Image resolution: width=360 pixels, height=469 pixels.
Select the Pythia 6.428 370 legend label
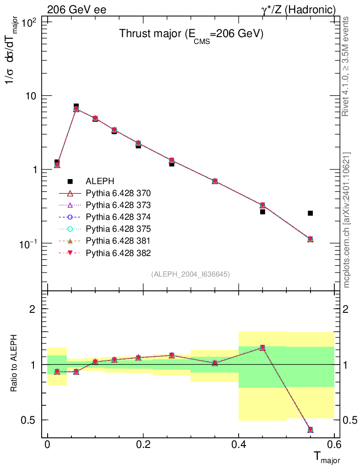(x=118, y=193)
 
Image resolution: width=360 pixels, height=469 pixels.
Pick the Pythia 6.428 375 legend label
(x=118, y=229)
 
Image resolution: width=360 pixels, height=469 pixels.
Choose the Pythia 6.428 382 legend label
(x=118, y=252)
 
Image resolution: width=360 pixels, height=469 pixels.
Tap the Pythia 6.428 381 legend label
(x=118, y=240)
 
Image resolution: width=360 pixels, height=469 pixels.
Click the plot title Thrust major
(x=191, y=34)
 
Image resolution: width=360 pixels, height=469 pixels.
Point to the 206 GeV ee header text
(x=77, y=10)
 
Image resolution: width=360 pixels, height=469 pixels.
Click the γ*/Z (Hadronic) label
(x=298, y=10)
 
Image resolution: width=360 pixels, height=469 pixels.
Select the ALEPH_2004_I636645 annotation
(x=191, y=274)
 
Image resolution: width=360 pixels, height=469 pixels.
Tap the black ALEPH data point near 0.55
(x=310, y=213)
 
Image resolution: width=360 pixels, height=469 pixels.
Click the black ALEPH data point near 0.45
(x=262, y=212)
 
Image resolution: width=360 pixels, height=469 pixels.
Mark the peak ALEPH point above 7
(x=76, y=106)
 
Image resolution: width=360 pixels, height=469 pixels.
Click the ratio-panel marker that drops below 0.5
(x=310, y=430)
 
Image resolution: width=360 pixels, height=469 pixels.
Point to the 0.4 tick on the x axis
(x=238, y=444)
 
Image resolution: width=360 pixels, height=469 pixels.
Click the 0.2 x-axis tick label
(x=143, y=444)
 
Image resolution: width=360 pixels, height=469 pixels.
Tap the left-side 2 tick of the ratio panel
(x=33, y=309)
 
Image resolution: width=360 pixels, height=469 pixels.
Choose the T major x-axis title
(x=327, y=457)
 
